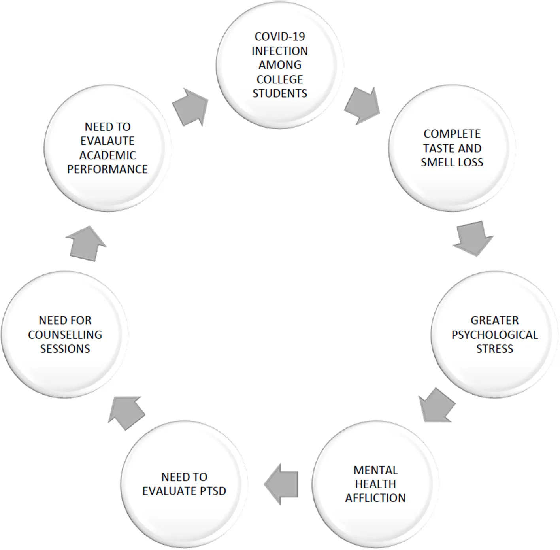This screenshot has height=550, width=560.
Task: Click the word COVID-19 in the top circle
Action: pos(280,37)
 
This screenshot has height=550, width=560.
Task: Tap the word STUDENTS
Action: pos(280,93)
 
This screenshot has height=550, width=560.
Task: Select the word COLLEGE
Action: pos(280,79)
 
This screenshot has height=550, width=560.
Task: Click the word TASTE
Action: pos(439,148)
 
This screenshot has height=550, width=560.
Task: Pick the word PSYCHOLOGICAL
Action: pos(495,335)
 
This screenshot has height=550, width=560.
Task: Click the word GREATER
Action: pos(495,321)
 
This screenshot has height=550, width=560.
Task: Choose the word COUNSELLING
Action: pos(65,335)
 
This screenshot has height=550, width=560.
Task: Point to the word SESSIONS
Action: pos(65,349)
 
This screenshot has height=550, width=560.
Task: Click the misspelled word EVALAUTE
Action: pos(107,141)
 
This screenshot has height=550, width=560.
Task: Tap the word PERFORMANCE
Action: pos(107,169)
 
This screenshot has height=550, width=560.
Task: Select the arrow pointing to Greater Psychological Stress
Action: pos(473,238)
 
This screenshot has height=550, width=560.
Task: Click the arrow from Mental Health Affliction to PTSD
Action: pos(281,484)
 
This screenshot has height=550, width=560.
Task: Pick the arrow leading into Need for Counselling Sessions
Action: pos(127,413)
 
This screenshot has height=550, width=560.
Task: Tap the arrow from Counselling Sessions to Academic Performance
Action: pos(86,244)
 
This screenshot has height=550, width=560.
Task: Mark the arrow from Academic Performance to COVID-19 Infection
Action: pos(190,107)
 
